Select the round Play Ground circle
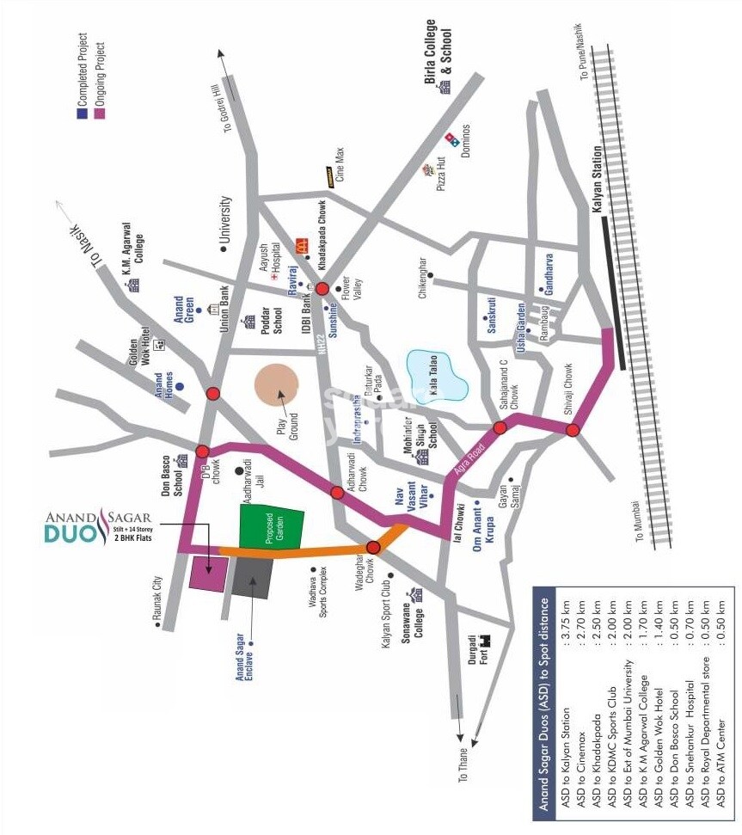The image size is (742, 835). click(x=277, y=385)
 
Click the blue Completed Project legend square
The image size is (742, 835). click(x=82, y=112)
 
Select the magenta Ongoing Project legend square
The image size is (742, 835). click(x=99, y=112)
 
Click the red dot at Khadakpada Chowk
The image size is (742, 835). click(x=322, y=289)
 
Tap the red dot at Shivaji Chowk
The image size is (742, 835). click(x=573, y=430)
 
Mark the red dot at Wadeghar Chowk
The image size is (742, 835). click(x=373, y=547)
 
